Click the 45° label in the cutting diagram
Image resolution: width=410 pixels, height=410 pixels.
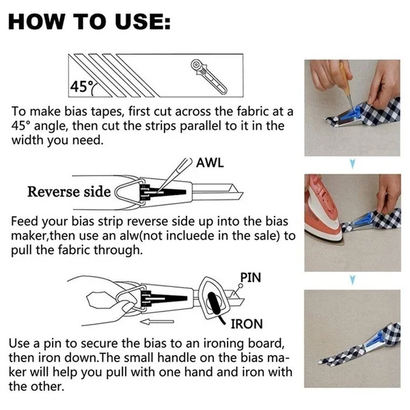[x=81, y=87]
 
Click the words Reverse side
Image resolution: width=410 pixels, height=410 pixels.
[x=68, y=191]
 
